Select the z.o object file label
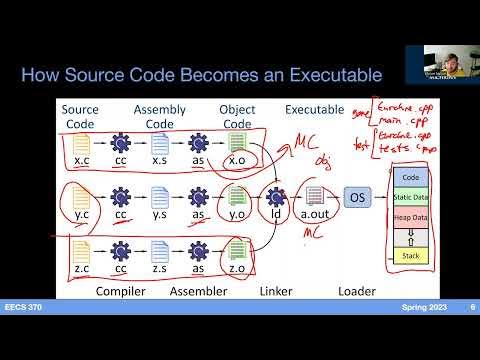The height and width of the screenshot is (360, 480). (237, 269)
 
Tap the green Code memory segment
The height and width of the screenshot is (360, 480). (408, 177)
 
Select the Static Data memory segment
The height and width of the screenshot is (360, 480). (408, 198)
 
